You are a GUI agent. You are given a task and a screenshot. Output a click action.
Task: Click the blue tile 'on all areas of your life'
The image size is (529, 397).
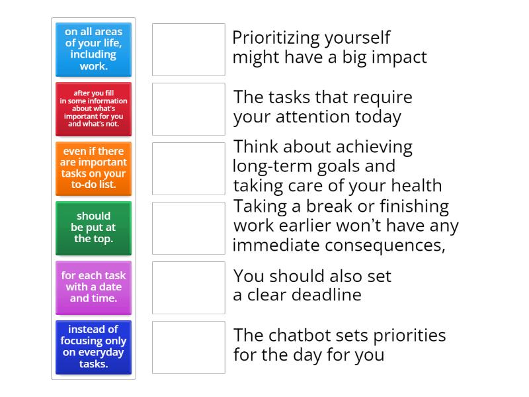[x=93, y=50]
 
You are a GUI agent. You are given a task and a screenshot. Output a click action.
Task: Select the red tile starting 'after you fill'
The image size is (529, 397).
[x=93, y=109]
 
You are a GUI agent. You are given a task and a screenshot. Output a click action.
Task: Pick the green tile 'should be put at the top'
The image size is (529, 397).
[x=93, y=228]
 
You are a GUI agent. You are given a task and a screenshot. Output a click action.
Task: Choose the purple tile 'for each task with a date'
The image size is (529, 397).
[x=93, y=288]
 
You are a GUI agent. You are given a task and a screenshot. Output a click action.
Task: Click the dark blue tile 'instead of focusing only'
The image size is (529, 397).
[x=93, y=347]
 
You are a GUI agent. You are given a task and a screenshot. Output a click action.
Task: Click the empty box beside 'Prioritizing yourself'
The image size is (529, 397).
[x=188, y=50]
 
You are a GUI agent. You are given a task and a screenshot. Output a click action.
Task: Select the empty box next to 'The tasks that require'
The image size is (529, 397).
[x=188, y=109]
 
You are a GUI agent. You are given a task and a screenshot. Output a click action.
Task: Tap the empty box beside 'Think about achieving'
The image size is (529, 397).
[x=188, y=169]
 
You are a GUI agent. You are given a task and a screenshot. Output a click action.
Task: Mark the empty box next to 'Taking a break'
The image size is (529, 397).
[x=188, y=228]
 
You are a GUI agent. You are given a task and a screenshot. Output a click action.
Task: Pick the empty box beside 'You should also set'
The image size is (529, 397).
[x=188, y=288]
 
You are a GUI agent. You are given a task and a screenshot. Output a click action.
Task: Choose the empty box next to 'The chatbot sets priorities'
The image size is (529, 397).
[x=188, y=347]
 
